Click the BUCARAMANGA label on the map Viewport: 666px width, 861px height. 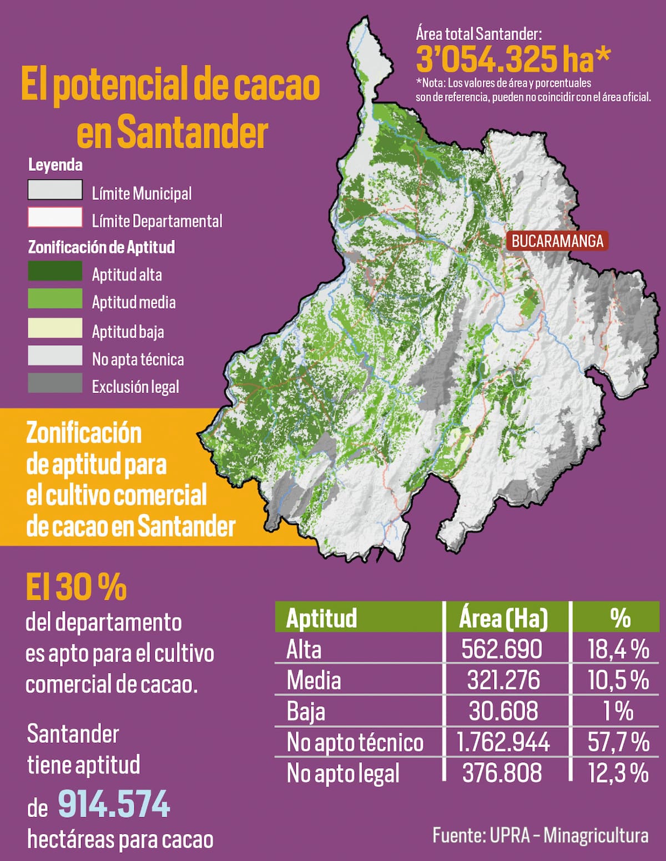[x=557, y=241]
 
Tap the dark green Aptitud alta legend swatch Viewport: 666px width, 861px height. [x=55, y=271]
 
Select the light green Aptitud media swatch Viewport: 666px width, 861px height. [x=55, y=299]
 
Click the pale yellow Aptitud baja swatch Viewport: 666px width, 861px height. [x=55, y=328]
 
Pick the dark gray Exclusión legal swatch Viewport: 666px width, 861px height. [x=55, y=383]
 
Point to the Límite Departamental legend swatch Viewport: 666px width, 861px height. [x=55, y=217]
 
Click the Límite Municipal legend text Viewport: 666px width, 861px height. [x=142, y=193]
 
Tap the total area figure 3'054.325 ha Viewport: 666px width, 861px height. [x=513, y=59]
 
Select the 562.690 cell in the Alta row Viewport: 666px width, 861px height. [x=502, y=649]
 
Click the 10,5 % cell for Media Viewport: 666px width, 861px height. [x=618, y=680]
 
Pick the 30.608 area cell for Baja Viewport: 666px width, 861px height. [x=503, y=711]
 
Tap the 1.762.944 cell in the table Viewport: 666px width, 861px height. [x=503, y=742]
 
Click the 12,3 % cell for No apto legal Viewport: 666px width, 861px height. [x=618, y=773]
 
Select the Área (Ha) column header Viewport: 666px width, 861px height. [x=503, y=618]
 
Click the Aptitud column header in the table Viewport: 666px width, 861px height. [x=321, y=618]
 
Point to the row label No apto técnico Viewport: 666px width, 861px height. [x=355, y=742]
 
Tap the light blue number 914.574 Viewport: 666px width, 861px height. [x=114, y=804]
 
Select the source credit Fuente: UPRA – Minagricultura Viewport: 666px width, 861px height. [x=540, y=835]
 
